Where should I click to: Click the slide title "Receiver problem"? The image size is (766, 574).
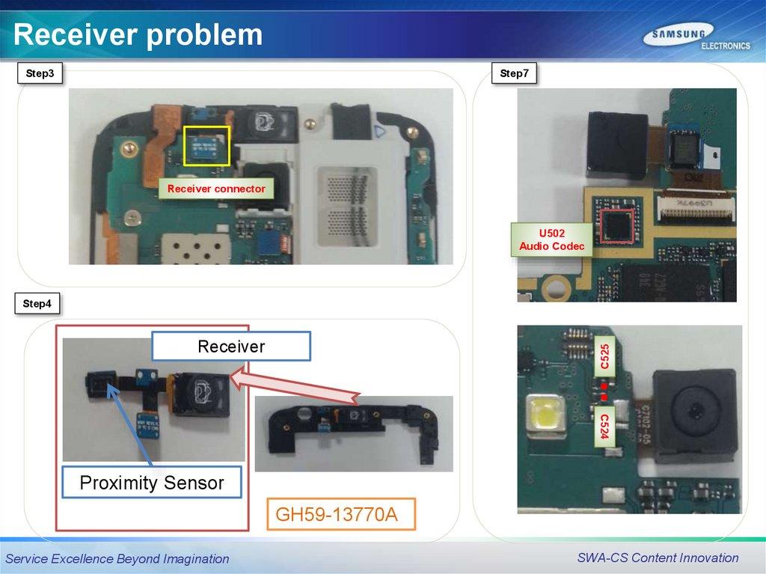point(138,34)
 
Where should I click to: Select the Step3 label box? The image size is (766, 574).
point(40,73)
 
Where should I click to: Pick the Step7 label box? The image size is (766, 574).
point(514,73)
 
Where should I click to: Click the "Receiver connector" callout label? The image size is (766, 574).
point(216,189)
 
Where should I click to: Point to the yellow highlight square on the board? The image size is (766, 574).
point(206,145)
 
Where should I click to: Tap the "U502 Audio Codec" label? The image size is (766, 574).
point(552,239)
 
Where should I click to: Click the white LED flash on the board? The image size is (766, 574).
point(545,412)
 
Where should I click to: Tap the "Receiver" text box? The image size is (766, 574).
point(231,346)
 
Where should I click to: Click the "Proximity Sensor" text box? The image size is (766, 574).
point(152,483)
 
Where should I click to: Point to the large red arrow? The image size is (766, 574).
point(299,389)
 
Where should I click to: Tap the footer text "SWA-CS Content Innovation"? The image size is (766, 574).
point(658,558)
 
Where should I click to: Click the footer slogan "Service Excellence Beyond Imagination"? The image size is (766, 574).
point(117,559)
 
